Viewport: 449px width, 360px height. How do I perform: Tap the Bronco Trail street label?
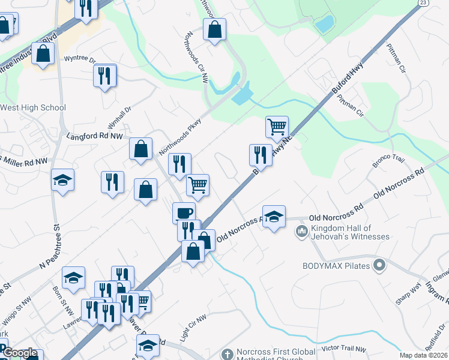click(x=390, y=160)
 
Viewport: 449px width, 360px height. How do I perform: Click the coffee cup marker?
click(x=184, y=212)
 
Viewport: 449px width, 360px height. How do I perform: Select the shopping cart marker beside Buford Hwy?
click(x=277, y=126)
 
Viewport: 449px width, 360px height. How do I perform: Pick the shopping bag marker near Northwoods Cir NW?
click(x=214, y=28)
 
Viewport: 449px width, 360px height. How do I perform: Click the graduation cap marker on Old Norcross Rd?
click(x=274, y=216)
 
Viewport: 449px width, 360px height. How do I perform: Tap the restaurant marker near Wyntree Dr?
click(x=105, y=75)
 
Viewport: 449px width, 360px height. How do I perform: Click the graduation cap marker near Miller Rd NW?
click(x=62, y=180)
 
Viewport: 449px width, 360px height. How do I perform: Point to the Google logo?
click(x=20, y=354)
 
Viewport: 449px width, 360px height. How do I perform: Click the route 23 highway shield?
click(x=424, y=3)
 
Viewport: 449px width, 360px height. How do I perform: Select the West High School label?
click(x=32, y=108)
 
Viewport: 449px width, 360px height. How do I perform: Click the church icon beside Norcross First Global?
click(x=227, y=354)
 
